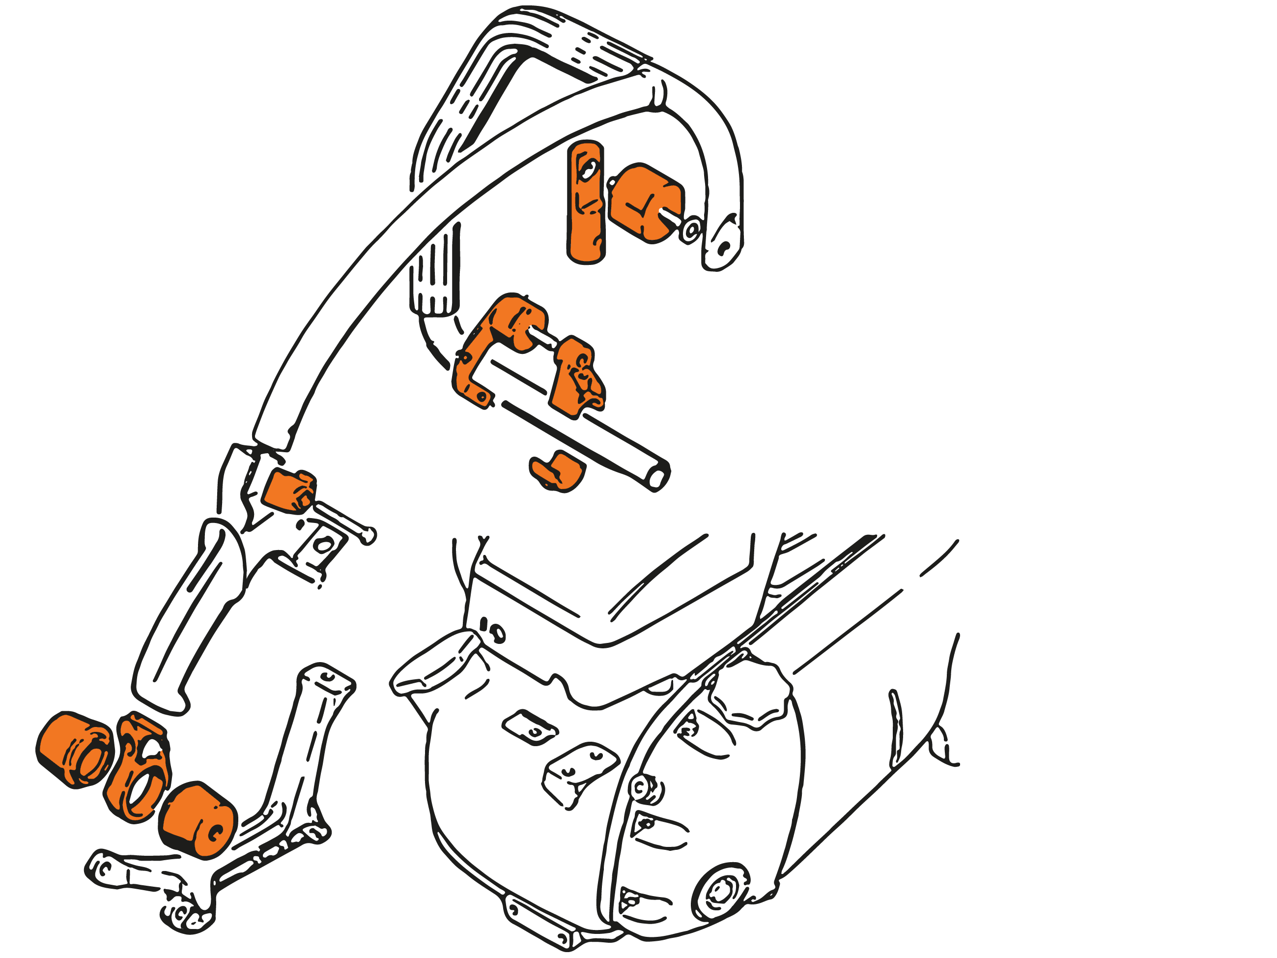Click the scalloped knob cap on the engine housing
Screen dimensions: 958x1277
[750, 693]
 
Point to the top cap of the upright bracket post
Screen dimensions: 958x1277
[327, 678]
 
